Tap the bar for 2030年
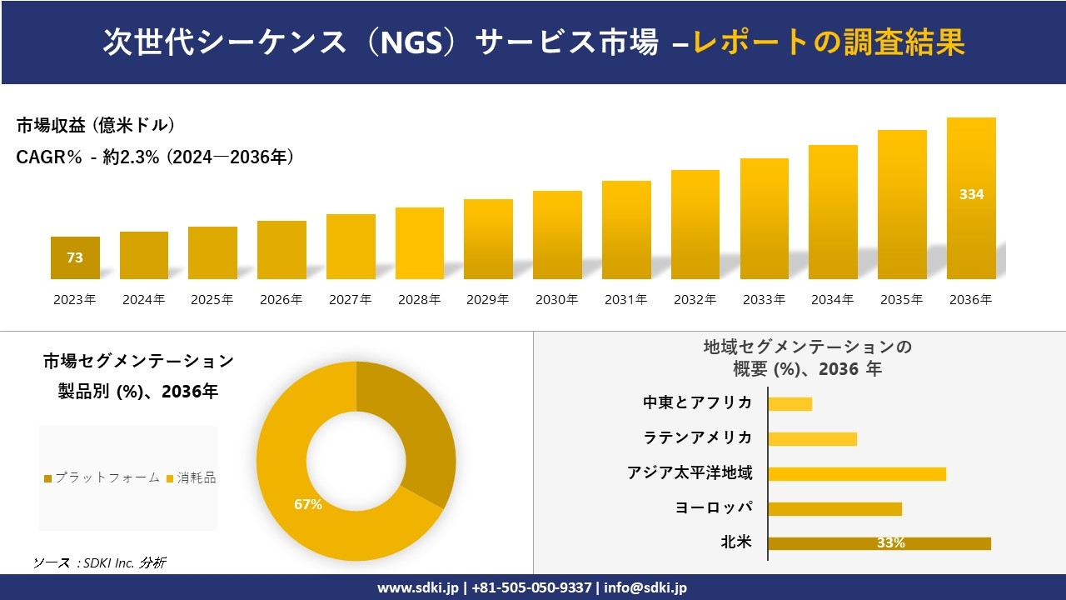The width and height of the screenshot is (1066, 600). point(557,235)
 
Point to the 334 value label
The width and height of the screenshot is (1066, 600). point(971,194)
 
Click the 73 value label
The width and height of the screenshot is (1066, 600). point(75,257)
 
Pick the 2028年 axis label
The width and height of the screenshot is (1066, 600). point(419,300)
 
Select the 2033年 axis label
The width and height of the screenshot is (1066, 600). point(764,300)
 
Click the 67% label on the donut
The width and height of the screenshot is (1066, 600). point(308,504)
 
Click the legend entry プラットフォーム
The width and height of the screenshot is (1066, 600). point(102,477)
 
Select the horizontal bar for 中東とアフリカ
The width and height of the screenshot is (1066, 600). point(790,404)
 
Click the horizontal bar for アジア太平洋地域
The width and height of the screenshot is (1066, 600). point(857,474)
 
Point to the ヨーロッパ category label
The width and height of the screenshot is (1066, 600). point(714,507)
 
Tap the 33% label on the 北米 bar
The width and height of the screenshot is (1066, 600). point(890,543)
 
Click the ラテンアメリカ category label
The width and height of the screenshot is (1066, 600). point(697,437)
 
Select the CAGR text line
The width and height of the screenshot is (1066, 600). point(155,157)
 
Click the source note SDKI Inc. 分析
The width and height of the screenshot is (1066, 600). point(99,563)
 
